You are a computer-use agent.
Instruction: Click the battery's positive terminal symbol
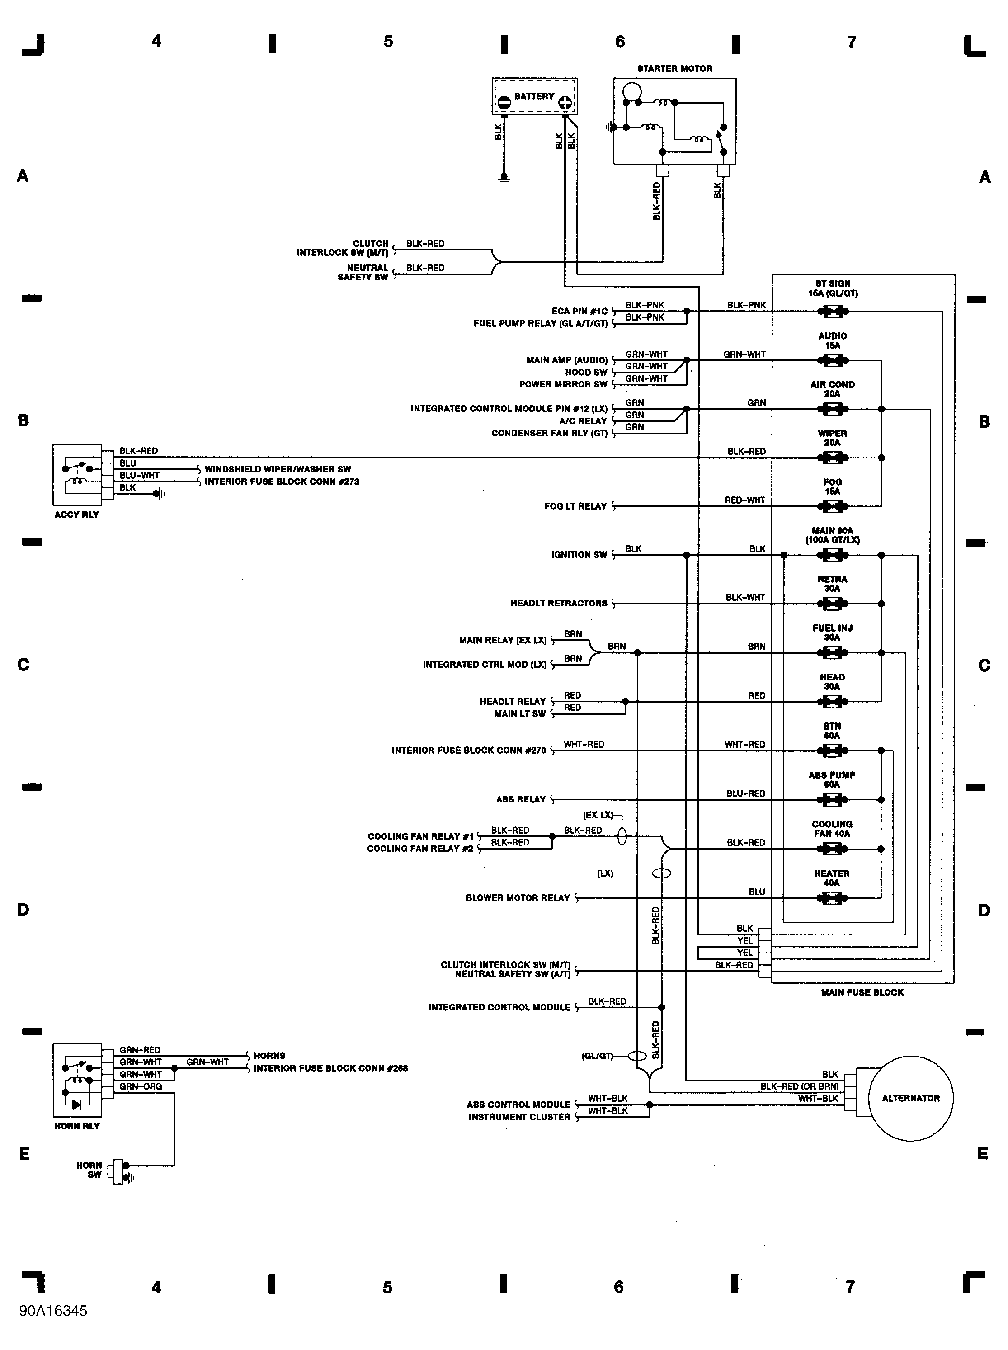click(x=565, y=103)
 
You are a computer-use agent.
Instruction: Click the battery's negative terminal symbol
click(x=504, y=103)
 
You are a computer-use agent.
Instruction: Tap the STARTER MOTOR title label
click(x=674, y=68)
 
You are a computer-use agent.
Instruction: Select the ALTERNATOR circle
click(x=910, y=1099)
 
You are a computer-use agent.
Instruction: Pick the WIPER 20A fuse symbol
click(x=832, y=458)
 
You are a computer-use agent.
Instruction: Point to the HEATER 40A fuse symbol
click(x=832, y=898)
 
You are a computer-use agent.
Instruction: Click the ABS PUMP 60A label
click(x=832, y=779)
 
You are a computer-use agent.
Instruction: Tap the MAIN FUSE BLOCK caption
click(x=862, y=992)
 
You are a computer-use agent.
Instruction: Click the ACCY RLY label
click(x=76, y=515)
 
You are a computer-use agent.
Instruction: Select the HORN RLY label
click(x=76, y=1126)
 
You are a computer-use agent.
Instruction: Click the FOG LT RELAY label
click(x=575, y=506)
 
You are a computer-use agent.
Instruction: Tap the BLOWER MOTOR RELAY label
click(x=518, y=898)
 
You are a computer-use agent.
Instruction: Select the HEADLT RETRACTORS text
click(x=558, y=604)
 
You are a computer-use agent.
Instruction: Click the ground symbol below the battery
click(x=504, y=178)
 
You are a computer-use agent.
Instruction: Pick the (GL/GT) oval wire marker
click(x=637, y=1056)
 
